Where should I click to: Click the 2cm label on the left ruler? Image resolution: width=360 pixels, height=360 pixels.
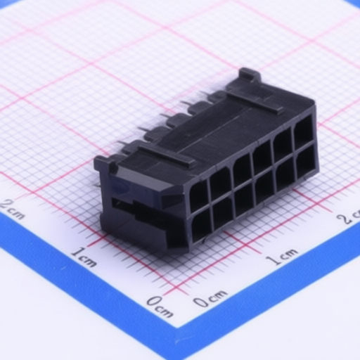coord(13,209)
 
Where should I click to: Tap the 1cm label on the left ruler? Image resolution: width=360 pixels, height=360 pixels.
coord(83,257)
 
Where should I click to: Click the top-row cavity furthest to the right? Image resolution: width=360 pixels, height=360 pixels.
coord(304,132)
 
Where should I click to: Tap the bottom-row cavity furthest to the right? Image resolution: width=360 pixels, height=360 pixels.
coord(306,162)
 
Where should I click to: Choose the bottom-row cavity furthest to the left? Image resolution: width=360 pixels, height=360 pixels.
coord(201,226)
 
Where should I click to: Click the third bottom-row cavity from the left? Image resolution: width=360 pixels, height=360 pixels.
coord(244,199)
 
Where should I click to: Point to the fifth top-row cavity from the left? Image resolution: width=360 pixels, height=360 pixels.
coord(283,145)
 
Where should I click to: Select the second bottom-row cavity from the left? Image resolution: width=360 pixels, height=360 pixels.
coord(223,212)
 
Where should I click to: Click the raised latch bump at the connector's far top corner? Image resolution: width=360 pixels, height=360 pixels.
coord(250,75)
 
